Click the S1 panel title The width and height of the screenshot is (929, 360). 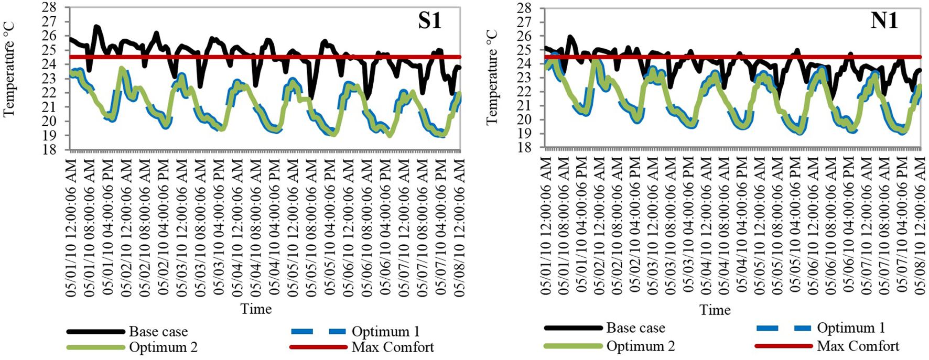(429, 20)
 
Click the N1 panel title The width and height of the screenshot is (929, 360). (884, 21)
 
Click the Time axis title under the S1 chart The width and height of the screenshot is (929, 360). (256, 309)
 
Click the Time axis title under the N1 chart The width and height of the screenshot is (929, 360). (715, 310)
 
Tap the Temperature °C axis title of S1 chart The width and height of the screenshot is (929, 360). (9, 68)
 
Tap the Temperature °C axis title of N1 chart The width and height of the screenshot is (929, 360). (491, 77)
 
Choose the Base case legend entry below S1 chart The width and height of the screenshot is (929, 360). (158, 332)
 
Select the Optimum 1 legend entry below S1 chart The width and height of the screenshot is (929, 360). (385, 332)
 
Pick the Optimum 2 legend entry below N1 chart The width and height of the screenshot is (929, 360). (640, 346)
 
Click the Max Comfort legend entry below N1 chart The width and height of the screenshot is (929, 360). (858, 346)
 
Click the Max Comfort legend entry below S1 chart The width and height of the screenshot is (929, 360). (393, 347)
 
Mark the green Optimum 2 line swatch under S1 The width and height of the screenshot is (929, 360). (96, 347)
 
